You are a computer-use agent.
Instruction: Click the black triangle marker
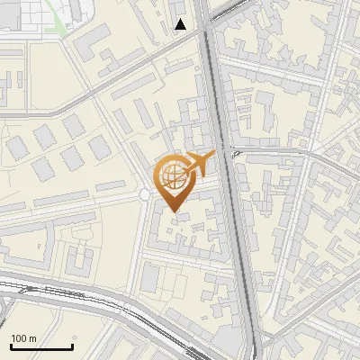click(x=181, y=24)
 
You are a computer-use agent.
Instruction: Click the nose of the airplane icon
click(x=214, y=155)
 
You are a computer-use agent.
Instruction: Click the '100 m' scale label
click(x=23, y=338)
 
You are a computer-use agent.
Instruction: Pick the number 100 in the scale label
click(x=19, y=338)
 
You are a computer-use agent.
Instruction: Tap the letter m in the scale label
click(x=32, y=338)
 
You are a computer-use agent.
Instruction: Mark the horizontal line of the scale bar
click(x=41, y=347)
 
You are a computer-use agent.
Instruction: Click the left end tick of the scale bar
click(x=11, y=346)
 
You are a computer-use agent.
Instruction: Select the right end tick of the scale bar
click(x=72, y=346)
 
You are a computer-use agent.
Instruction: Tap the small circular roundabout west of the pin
click(x=144, y=194)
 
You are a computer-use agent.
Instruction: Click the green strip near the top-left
click(x=59, y=23)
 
